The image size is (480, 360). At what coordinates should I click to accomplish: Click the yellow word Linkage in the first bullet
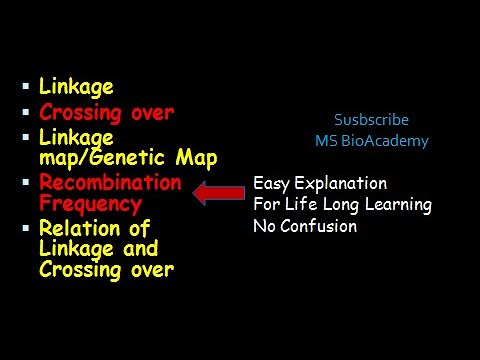76,88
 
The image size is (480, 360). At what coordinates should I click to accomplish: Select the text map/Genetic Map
128,157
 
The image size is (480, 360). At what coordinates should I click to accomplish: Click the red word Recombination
110,182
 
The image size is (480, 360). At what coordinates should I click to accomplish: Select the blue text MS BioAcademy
371,141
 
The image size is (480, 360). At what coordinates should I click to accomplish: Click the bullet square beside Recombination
25,182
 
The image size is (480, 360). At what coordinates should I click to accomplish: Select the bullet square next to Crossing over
25,112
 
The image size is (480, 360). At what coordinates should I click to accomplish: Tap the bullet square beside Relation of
25,229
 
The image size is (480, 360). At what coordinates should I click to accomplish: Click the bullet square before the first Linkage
25,88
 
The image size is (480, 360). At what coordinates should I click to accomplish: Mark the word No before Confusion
264,226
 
